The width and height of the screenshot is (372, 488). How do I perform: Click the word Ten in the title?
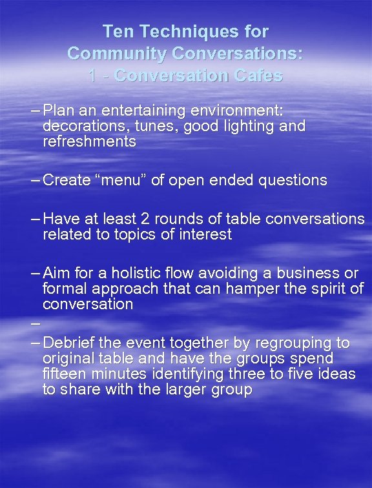pos(119,30)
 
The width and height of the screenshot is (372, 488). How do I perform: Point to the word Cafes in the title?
pos(259,76)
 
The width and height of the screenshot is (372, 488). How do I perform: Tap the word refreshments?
pos(89,142)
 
